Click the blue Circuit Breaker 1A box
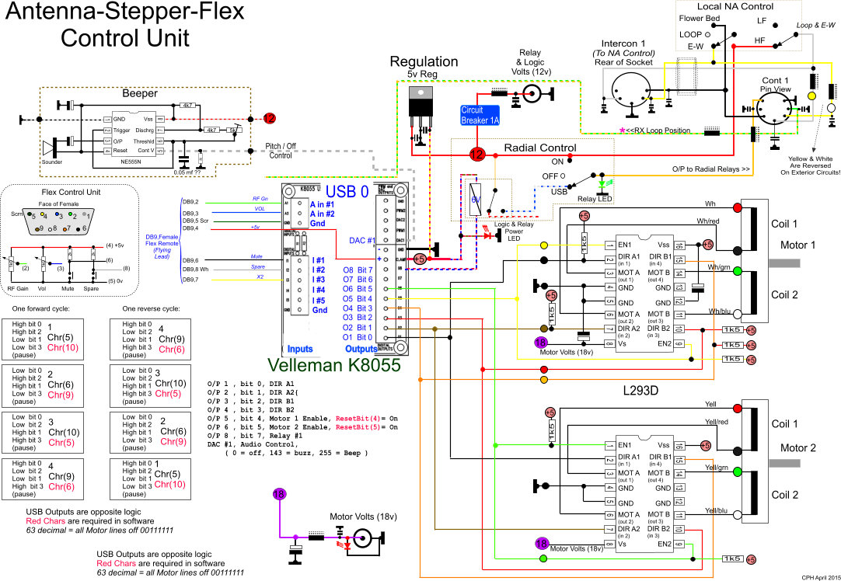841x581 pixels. tap(480, 115)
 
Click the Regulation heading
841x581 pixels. tap(424, 61)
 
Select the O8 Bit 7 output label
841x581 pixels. tap(358, 270)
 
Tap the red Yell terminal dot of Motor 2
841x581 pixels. tap(737, 409)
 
